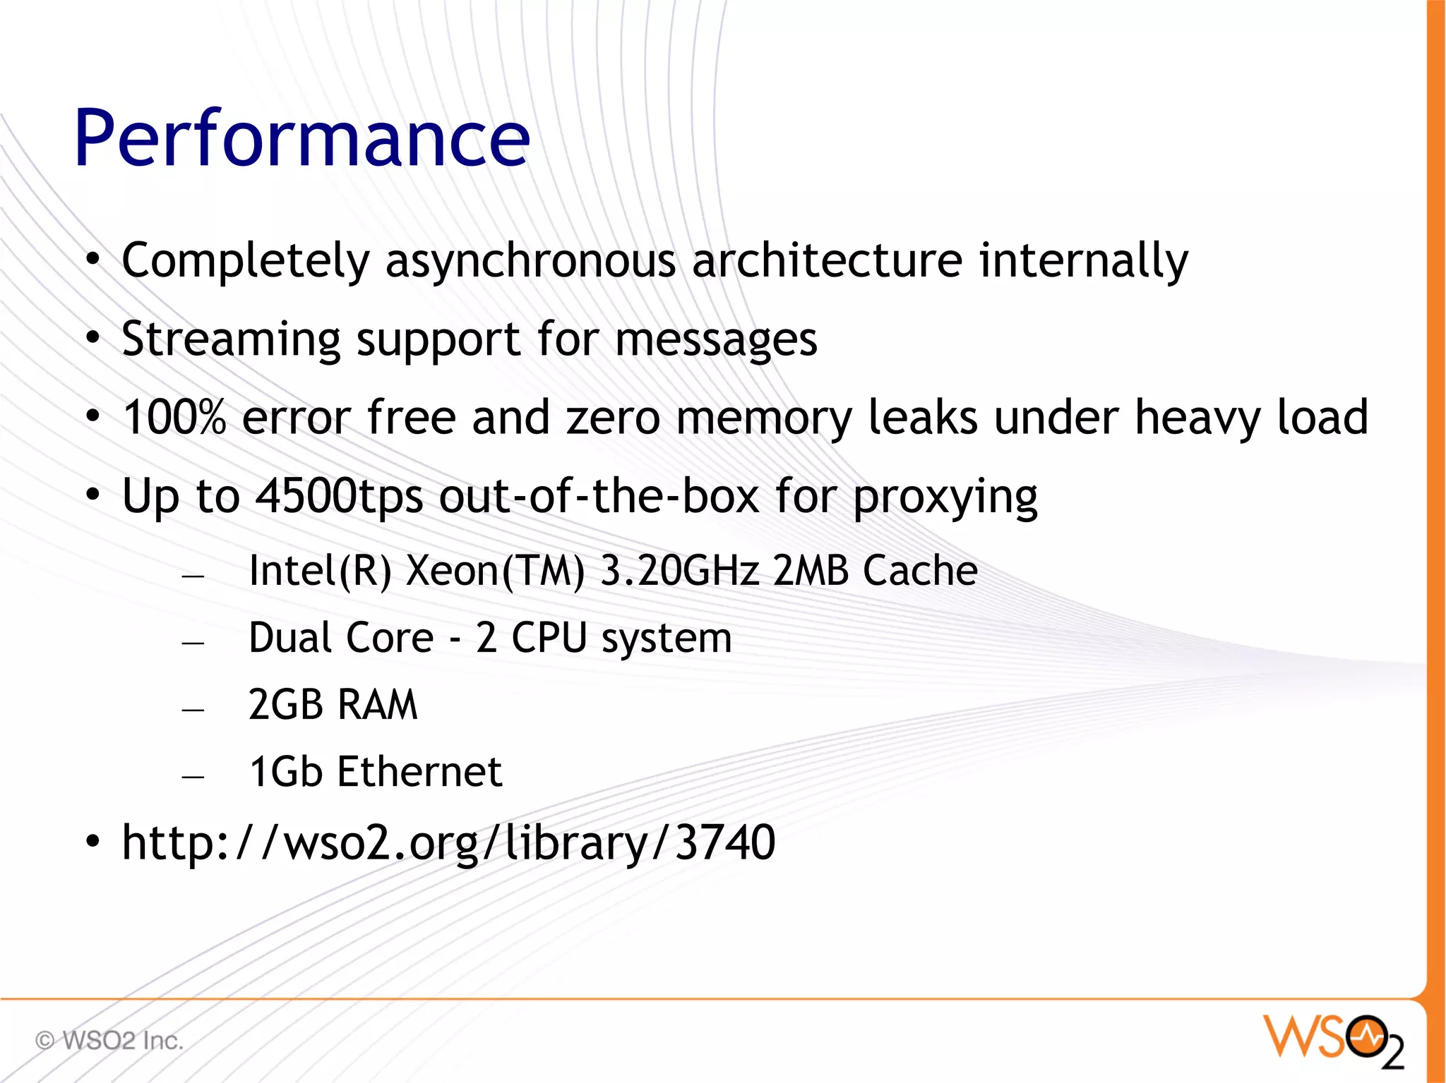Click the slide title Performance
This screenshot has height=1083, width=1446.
point(301,138)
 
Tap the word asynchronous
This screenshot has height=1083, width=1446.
point(530,261)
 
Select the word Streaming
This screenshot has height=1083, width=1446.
point(231,339)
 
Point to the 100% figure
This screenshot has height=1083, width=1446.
point(174,417)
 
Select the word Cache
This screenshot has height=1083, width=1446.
point(920,570)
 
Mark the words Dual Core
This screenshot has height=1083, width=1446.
point(341,638)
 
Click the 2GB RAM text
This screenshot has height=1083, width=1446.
point(333,704)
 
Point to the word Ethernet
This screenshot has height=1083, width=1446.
point(419,771)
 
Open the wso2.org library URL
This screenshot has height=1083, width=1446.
point(448,842)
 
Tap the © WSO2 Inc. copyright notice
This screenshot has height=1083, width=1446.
point(109,1041)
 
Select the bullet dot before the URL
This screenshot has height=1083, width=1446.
point(93,842)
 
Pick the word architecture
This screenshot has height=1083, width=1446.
point(827,261)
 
